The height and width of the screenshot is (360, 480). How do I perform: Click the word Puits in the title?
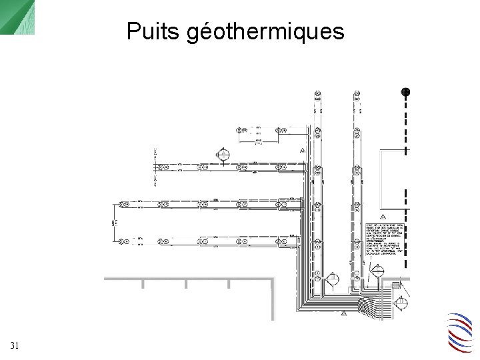(154, 31)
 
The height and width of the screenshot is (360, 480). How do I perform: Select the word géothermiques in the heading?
(266, 31)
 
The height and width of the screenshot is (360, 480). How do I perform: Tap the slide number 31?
(15, 345)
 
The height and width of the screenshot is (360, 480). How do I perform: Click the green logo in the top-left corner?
(17, 17)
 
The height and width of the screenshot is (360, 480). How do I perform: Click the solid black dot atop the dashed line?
(405, 92)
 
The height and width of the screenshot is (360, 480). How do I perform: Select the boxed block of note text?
(385, 241)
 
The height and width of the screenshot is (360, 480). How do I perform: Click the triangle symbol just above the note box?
(383, 217)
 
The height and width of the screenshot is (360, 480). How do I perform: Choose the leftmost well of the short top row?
(243, 127)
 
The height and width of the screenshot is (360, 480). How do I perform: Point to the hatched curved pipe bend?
(367, 307)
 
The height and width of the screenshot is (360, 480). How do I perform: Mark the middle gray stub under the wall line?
(185, 284)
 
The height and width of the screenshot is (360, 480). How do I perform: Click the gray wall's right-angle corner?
(272, 278)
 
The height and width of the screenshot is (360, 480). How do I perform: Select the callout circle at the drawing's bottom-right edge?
(401, 304)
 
